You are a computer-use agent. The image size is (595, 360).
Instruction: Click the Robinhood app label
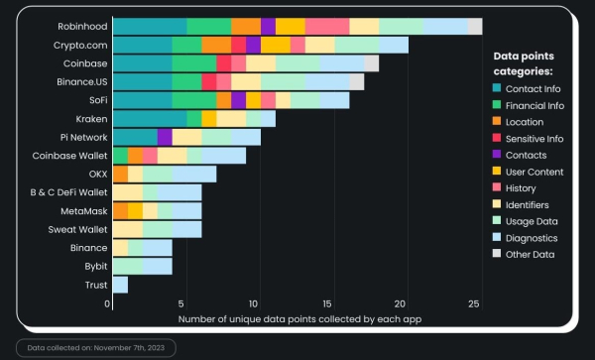(82, 26)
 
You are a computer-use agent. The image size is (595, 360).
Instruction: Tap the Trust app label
(95, 285)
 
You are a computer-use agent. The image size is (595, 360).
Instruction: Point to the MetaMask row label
(83, 210)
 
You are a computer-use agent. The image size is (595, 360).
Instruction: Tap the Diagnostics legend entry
(536, 238)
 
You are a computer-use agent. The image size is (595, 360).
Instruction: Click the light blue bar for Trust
(120, 285)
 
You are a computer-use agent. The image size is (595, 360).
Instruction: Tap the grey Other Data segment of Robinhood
(475, 26)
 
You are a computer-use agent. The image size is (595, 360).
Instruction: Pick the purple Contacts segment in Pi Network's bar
(165, 137)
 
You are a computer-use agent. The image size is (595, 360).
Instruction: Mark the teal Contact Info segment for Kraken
(150, 119)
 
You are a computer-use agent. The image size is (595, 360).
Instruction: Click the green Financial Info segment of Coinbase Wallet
(120, 156)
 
